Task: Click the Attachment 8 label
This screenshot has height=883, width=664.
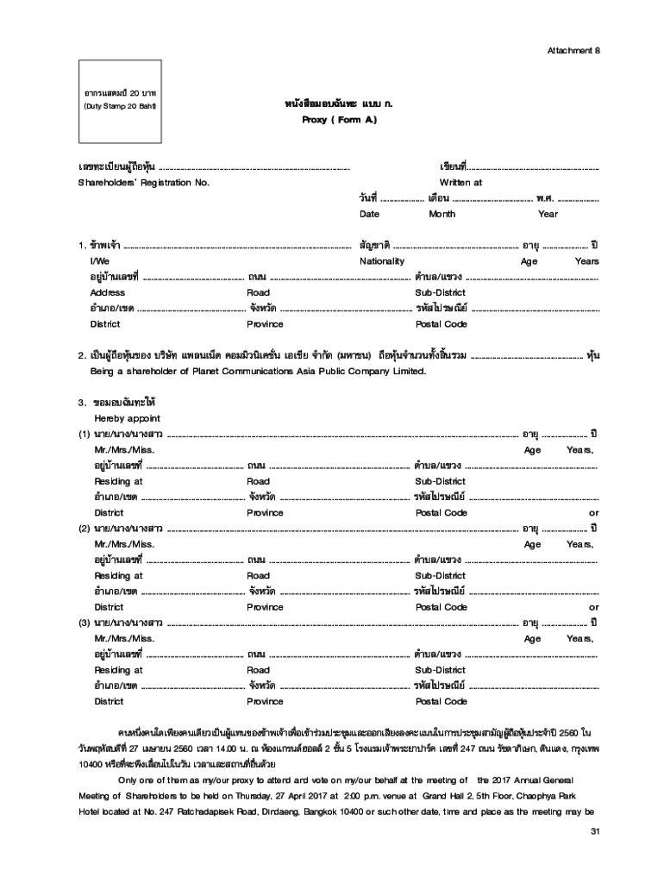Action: (573, 50)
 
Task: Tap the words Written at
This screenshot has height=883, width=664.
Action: (460, 183)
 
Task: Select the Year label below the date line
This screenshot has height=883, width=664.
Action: (548, 214)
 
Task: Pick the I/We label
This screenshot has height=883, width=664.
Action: (99, 261)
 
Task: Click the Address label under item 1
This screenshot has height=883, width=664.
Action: (107, 292)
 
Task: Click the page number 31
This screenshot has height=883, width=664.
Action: (592, 830)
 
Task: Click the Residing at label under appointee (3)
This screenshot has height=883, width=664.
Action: (118, 670)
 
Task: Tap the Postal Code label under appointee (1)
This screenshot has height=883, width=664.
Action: (441, 512)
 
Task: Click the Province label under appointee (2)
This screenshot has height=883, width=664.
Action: (265, 607)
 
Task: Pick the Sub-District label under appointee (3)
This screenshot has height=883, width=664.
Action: (440, 670)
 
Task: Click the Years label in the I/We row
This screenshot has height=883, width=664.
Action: (586, 261)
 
